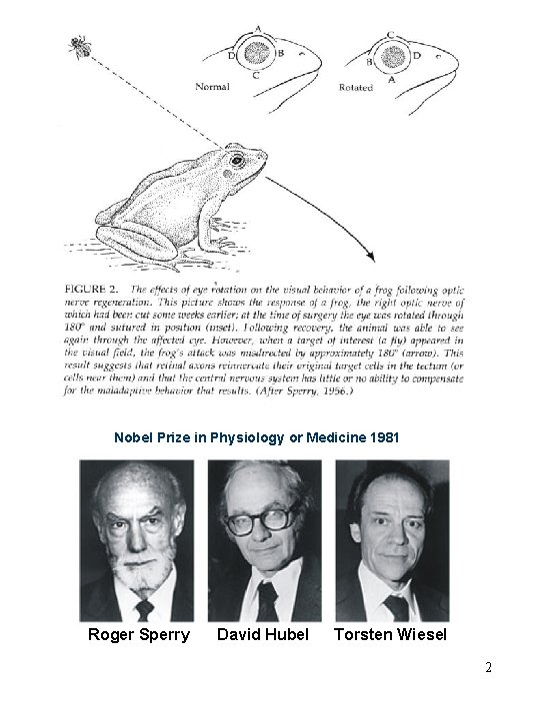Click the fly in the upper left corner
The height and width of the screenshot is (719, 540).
tap(77, 44)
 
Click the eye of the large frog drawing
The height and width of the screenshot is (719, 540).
tap(237, 159)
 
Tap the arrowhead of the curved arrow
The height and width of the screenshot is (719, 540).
tap(371, 257)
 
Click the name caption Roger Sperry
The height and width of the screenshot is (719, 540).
tap(137, 634)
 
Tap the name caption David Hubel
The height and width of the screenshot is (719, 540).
tap(263, 634)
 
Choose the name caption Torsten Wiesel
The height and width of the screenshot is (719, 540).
tap(391, 634)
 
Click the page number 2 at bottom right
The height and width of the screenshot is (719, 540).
tap(488, 667)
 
